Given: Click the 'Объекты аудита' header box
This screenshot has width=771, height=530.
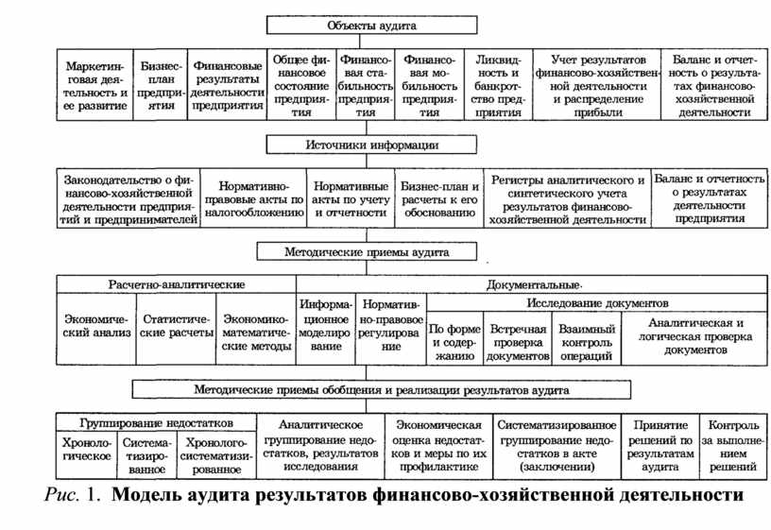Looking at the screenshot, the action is [x=371, y=26].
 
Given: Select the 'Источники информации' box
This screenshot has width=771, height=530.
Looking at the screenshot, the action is [x=371, y=145].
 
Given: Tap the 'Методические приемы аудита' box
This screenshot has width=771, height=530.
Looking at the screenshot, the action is [x=367, y=251].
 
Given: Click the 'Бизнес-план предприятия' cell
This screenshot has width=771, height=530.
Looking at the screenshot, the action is [x=161, y=85].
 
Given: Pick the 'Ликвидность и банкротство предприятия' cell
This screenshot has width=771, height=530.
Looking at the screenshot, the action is [x=499, y=85].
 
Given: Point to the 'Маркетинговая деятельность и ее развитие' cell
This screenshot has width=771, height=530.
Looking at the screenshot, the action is [x=95, y=85].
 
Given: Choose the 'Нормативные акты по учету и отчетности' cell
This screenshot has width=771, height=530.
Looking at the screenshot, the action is [x=351, y=198].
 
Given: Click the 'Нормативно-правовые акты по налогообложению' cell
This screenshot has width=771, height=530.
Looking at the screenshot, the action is [x=254, y=198].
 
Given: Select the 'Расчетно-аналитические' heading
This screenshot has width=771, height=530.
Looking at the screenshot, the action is [x=177, y=284].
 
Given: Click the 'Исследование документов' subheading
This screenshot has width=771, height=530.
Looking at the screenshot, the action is [x=597, y=303].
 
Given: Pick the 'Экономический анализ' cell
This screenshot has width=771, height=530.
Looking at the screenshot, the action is [x=97, y=329].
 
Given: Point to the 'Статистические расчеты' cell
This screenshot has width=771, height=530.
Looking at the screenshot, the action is [x=177, y=329].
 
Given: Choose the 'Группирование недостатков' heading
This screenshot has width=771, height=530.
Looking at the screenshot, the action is [x=156, y=423].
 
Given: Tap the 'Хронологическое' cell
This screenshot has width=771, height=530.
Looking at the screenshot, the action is [x=87, y=455].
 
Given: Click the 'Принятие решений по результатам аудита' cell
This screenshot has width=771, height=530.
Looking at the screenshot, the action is [x=660, y=447].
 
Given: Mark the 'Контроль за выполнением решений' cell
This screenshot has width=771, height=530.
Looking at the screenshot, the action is [x=732, y=447].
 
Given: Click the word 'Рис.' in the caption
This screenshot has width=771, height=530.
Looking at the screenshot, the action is [x=62, y=494].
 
